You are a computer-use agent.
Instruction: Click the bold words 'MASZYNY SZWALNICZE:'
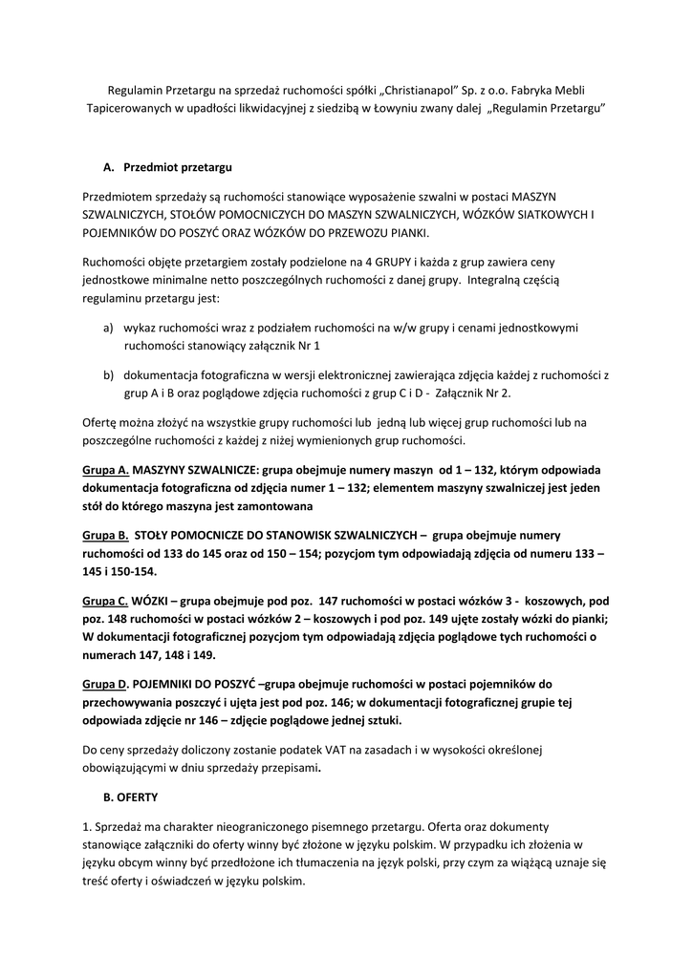point(199,470)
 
